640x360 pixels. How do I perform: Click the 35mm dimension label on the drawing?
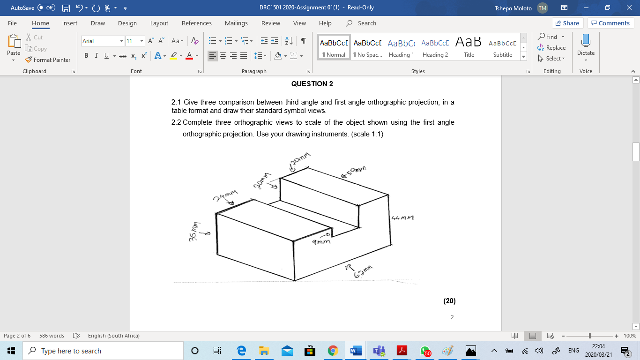(x=193, y=232)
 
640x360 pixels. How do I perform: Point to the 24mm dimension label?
(x=225, y=195)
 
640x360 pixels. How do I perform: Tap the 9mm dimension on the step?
(x=321, y=242)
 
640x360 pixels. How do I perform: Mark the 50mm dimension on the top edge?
(x=354, y=172)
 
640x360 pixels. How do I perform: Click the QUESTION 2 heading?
(x=312, y=84)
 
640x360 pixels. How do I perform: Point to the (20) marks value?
(x=449, y=301)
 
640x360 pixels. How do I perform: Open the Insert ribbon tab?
(x=70, y=23)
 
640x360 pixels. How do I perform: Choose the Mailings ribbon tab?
(x=236, y=23)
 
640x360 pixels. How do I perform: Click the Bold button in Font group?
(x=86, y=56)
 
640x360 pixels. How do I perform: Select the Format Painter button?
(x=48, y=60)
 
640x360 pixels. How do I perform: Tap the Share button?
(x=567, y=23)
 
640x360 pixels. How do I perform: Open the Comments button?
(x=610, y=23)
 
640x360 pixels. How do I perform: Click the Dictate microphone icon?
(x=586, y=40)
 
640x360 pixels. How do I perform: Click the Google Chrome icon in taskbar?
(x=333, y=351)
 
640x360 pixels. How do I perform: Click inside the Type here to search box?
(x=103, y=351)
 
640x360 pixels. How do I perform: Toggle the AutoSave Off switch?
(x=46, y=7)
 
